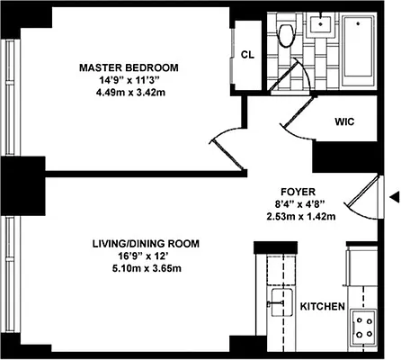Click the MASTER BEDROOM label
tap(129, 67)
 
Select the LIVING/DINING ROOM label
tap(145, 244)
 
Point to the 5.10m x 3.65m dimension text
tap(145, 270)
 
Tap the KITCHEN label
tap(322, 307)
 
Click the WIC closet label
tap(346, 121)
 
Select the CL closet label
tap(247, 54)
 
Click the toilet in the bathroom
tap(287, 34)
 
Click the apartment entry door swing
tap(360, 202)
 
